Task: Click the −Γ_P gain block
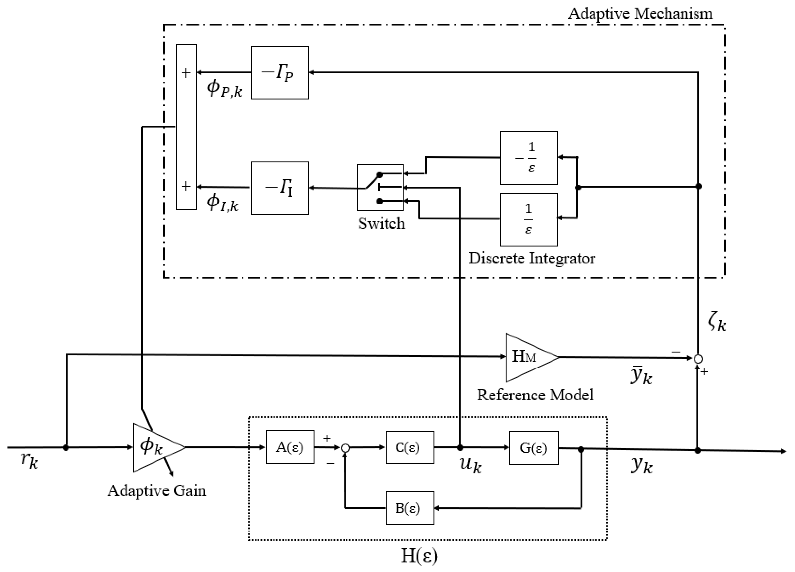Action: point(280,73)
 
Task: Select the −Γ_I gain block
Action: point(280,188)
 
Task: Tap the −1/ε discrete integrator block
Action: point(529,158)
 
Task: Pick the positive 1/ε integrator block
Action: point(529,220)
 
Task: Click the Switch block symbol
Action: point(380,187)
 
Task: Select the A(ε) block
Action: point(290,447)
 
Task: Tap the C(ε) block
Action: point(410,448)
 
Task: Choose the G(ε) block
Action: point(533,448)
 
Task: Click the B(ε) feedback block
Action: point(410,508)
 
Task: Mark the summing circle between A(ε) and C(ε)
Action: point(346,448)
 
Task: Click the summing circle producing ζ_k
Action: point(698,359)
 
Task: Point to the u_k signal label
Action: point(470,465)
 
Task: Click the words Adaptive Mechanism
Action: point(640,14)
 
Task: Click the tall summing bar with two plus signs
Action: point(186,127)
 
